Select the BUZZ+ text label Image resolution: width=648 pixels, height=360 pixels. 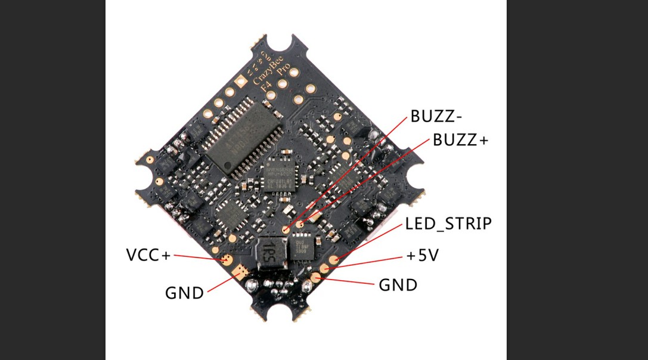point(460,141)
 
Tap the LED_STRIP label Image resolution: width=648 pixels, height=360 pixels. point(448,224)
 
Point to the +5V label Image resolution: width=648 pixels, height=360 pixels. point(423,256)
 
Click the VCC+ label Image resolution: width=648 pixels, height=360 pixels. point(148,256)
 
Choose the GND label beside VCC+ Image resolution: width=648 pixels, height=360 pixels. point(184,293)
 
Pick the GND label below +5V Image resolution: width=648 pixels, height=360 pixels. point(398,285)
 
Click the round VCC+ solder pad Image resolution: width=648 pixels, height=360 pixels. point(227,260)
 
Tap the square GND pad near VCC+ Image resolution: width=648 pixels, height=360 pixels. point(241,273)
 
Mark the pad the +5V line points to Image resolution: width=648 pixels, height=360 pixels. point(324,269)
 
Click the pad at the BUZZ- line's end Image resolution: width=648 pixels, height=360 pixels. point(286,229)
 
